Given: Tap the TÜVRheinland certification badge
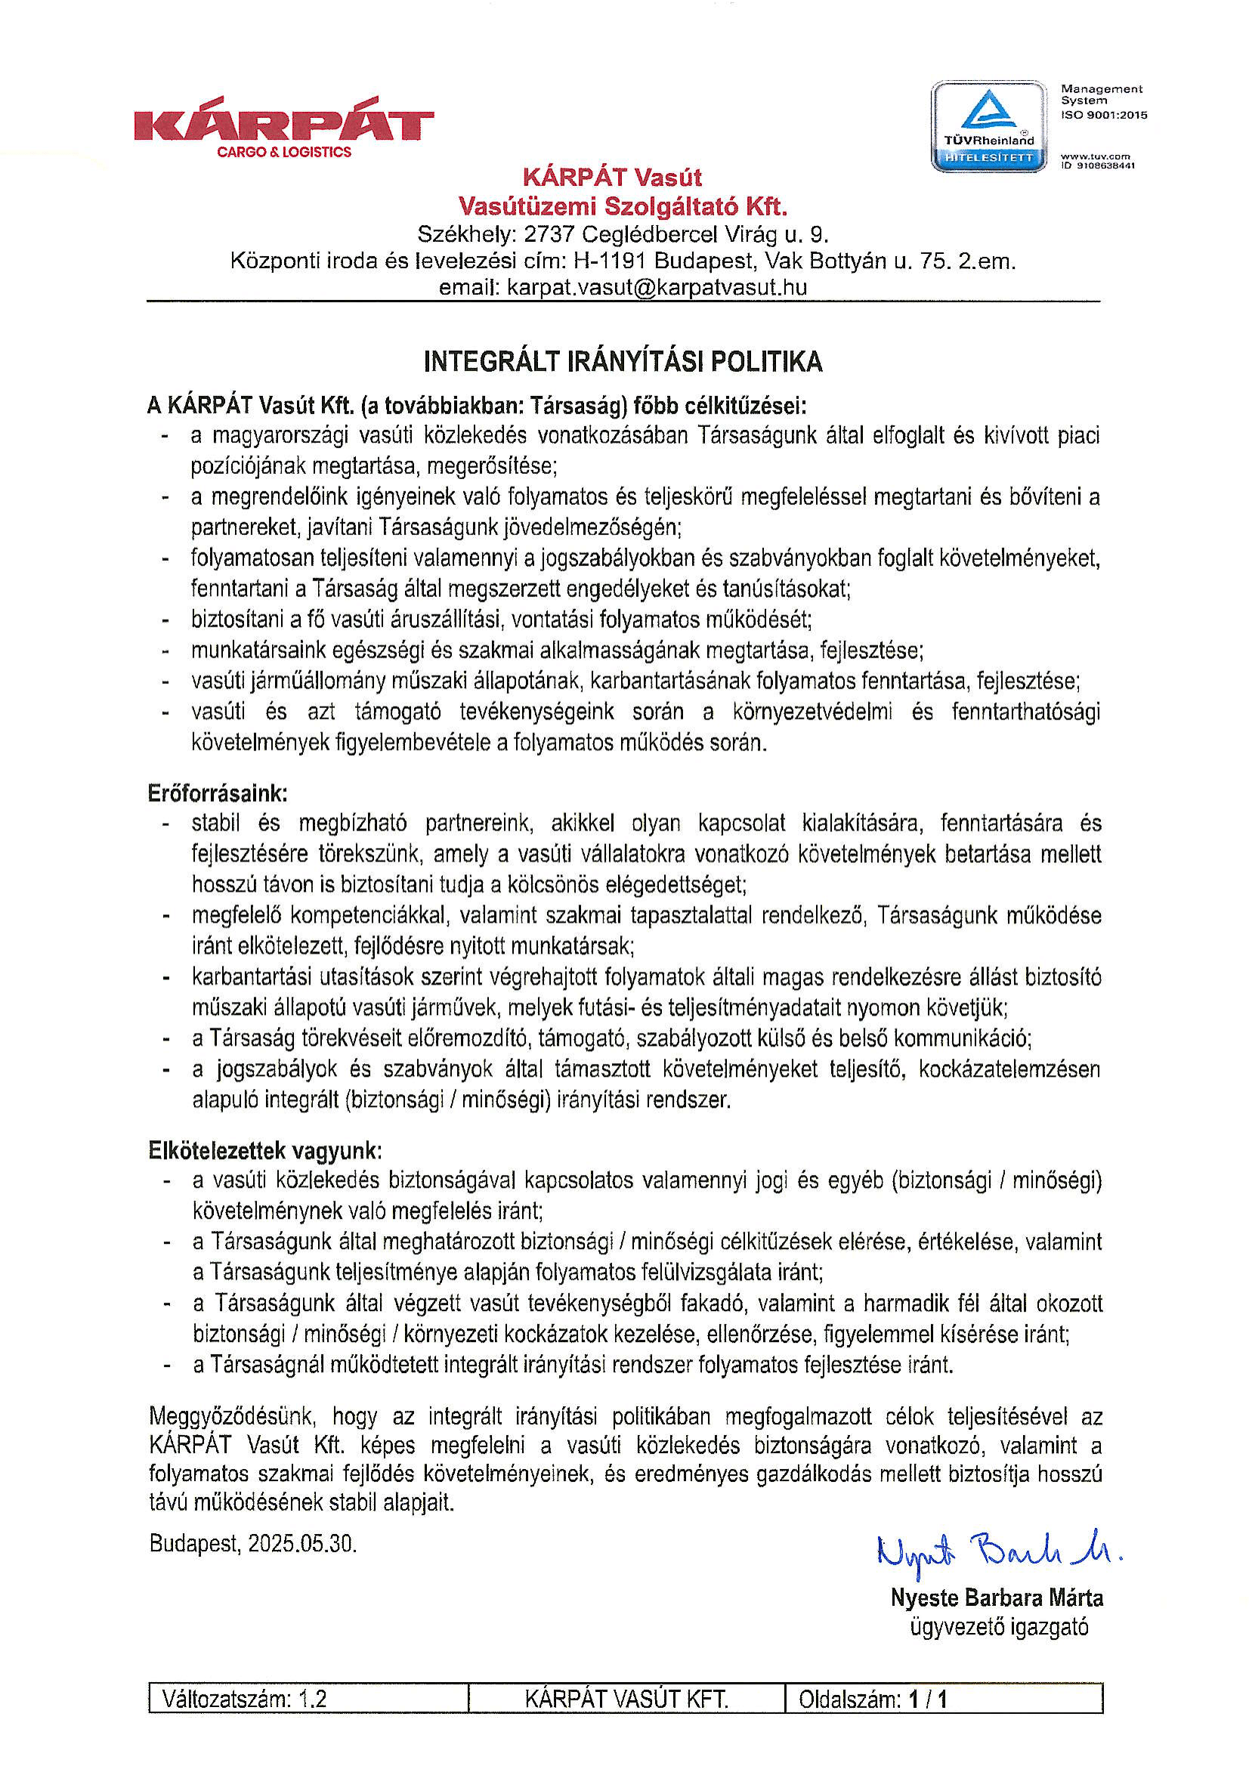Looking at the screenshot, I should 989,126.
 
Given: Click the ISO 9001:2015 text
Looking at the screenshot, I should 1104,116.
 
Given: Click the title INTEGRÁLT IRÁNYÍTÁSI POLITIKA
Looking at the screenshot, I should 623,361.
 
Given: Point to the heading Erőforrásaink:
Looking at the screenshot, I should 218,793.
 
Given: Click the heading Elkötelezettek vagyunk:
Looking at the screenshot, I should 264,1152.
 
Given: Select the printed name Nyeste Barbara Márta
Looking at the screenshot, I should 997,1597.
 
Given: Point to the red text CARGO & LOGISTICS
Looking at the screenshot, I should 284,153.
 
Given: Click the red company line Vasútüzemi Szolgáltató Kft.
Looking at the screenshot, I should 623,206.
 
